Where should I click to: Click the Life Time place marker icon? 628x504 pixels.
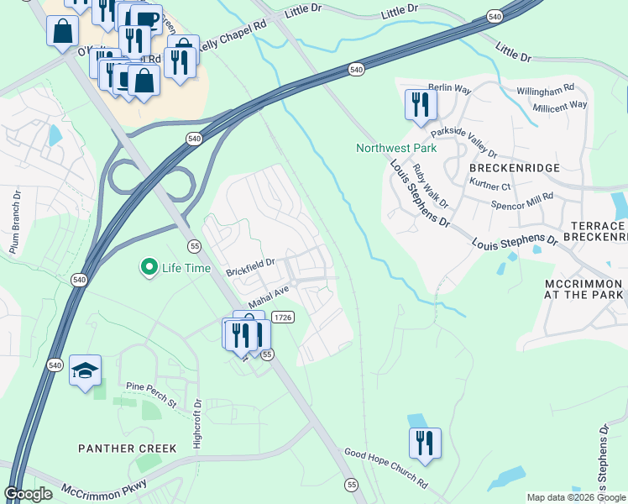coord(149,268)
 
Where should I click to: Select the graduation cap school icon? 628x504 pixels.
coord(85,370)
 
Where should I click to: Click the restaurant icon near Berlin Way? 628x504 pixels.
coord(420,104)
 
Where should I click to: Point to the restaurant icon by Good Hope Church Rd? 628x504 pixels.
coord(425,443)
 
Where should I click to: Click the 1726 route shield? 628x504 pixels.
coord(283,317)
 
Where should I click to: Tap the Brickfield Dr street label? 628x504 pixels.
coord(250,266)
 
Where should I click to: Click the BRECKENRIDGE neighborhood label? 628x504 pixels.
coord(509,168)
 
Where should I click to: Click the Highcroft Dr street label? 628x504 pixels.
coord(198,423)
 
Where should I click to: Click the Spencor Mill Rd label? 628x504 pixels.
coord(522,200)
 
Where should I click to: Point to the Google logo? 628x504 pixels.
coord(29,494)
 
